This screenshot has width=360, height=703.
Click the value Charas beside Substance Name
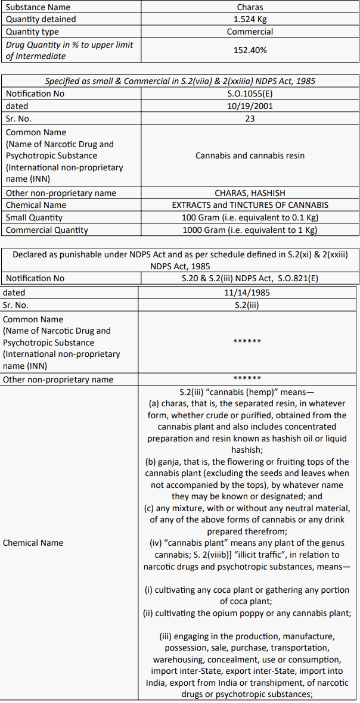pyautogui.click(x=250, y=7)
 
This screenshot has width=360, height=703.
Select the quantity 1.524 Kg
pyautogui.click(x=250, y=19)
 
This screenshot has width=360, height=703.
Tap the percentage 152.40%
pyautogui.click(x=250, y=50)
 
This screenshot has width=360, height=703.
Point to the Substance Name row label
pyautogui.click(x=38, y=7)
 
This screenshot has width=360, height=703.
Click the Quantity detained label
pyautogui.click(x=41, y=19)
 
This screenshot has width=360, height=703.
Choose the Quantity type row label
pyautogui.click(x=32, y=32)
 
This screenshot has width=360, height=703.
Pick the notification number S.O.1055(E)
pyautogui.click(x=250, y=94)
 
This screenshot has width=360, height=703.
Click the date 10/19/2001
pyautogui.click(x=250, y=106)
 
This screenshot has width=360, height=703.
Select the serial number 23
pyautogui.click(x=250, y=119)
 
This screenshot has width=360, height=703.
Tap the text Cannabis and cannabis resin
pyautogui.click(x=250, y=155)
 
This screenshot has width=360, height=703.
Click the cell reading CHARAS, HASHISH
pyautogui.click(x=250, y=193)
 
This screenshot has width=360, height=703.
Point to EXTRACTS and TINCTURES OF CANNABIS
pyautogui.click(x=250, y=205)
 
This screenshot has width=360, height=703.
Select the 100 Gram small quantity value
pyautogui.click(x=250, y=217)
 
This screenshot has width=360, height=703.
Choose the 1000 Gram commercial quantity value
pyautogui.click(x=250, y=230)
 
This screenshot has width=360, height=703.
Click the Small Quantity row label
pyautogui.click(x=34, y=217)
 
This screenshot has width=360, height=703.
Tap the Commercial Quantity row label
pyautogui.click(x=46, y=230)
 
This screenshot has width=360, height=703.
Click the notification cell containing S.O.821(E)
pyautogui.click(x=250, y=278)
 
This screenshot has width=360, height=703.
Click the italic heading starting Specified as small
pyautogui.click(x=180, y=81)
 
